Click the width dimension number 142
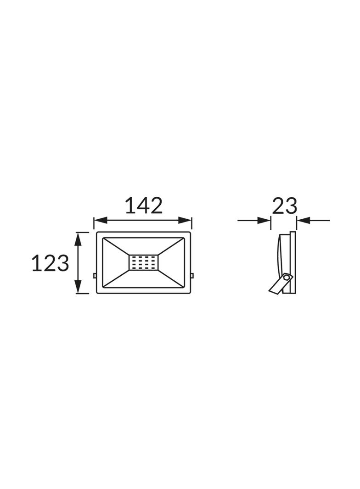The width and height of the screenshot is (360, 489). (144, 205)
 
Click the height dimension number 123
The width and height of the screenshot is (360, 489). (50, 263)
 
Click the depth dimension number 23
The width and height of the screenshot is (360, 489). (284, 205)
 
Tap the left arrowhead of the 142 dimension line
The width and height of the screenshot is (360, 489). (101, 220)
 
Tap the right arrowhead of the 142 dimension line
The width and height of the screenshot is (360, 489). (185, 220)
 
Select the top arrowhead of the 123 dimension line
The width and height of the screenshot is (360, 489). (78, 239)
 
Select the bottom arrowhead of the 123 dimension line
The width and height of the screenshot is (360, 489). (78, 287)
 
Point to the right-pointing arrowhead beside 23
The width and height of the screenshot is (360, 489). (264, 221)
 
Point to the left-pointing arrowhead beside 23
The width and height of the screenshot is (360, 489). (303, 221)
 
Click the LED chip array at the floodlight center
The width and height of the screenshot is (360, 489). (144, 262)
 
